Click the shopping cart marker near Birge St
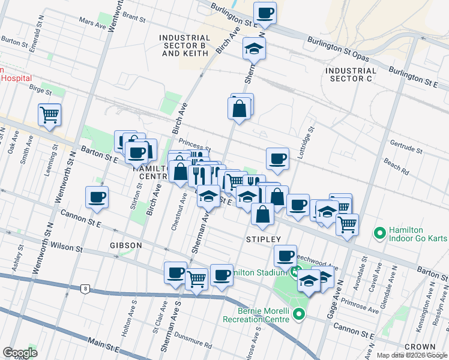click(49, 115)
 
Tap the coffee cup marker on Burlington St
click(265, 13)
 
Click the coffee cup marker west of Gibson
click(97, 197)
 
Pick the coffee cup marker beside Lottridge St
click(277, 159)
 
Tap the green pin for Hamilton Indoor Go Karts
click(379, 232)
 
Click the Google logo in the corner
click(20, 353)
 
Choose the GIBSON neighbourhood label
click(126, 245)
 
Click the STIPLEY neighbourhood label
click(264, 239)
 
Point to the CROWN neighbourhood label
click(420, 347)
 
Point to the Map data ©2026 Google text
click(412, 355)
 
